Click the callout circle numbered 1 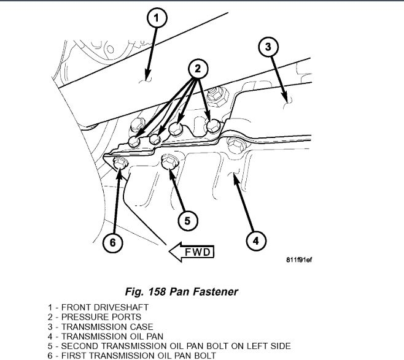tap(156, 19)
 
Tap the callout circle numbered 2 tap(196, 69)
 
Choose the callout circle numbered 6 tap(113, 242)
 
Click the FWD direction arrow tap(190, 250)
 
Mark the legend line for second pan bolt tap(168, 346)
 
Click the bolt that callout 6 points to tap(120, 163)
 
